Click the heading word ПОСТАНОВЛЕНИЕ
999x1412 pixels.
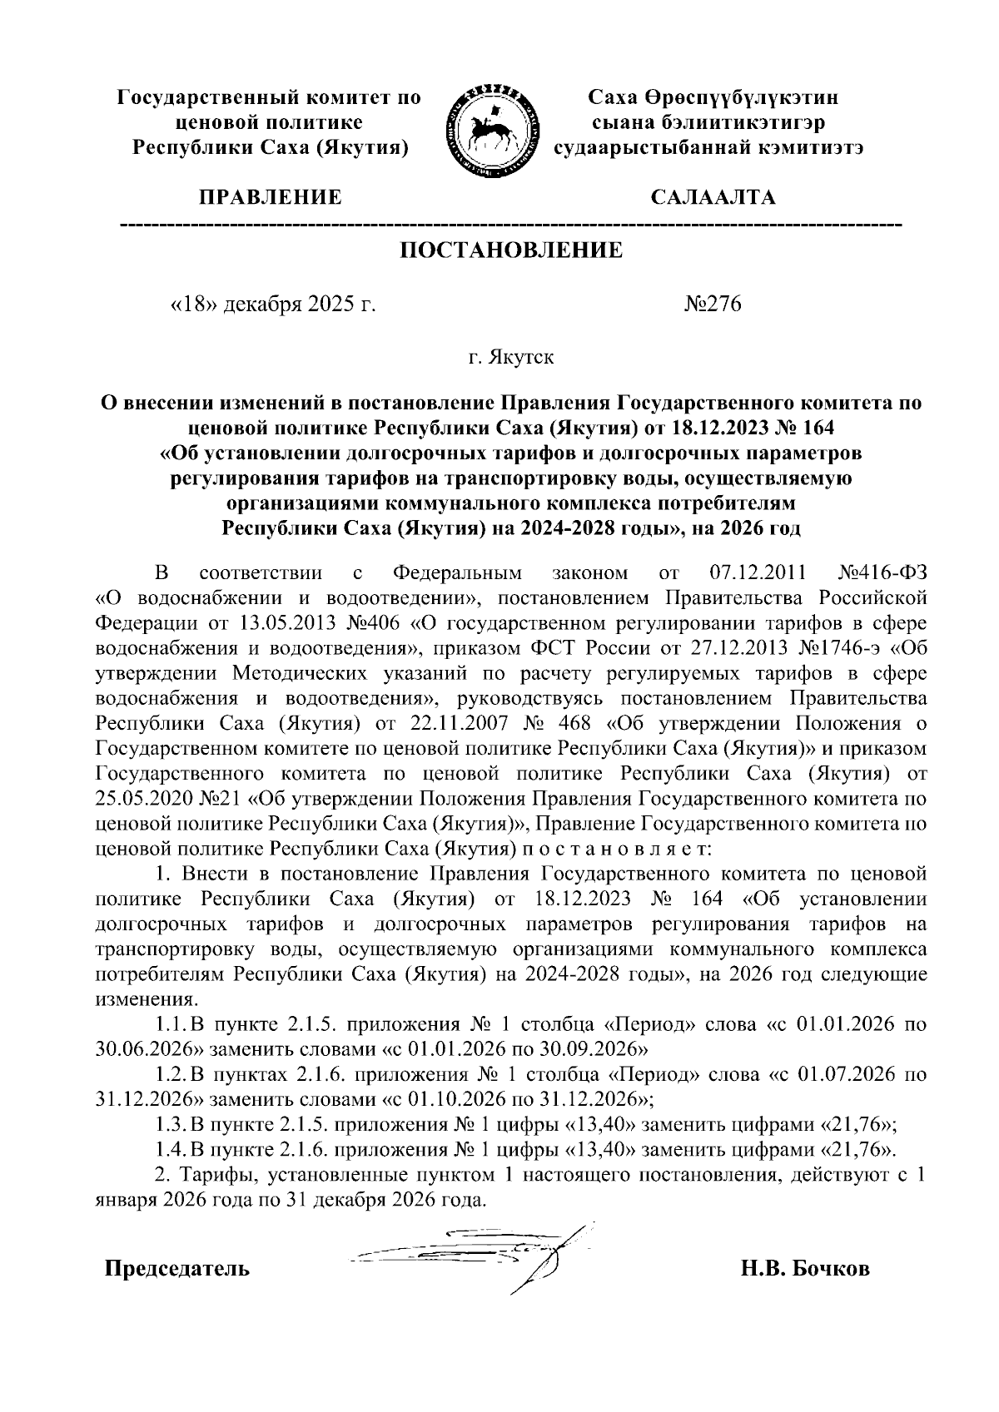512,250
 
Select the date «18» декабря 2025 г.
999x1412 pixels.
272,305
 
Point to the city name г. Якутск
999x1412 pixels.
509,359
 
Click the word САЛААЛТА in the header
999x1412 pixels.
713,198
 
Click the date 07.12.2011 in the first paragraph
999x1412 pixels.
756,573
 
